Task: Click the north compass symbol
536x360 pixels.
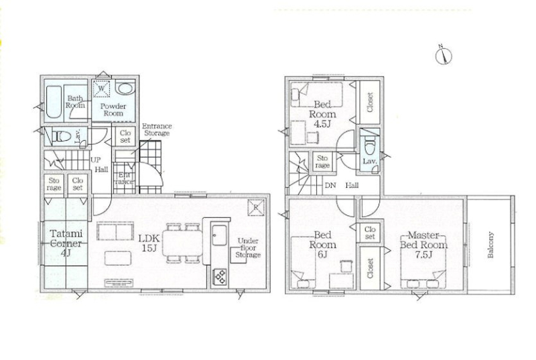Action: click(x=444, y=56)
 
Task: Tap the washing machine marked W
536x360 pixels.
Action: click(x=101, y=88)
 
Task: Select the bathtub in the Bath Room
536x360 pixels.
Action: click(x=54, y=102)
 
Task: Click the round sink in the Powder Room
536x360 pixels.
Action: click(x=125, y=88)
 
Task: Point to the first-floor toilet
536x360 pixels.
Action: click(x=61, y=136)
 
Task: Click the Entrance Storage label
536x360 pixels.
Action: click(x=157, y=129)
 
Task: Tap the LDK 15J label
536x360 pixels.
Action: click(x=149, y=243)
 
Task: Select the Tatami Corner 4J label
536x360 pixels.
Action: click(x=66, y=243)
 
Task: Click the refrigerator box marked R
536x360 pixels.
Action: click(x=256, y=207)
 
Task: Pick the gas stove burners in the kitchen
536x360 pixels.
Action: click(x=220, y=277)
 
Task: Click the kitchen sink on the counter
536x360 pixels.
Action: click(x=219, y=235)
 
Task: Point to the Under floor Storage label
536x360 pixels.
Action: click(x=248, y=248)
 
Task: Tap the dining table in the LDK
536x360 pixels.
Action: click(x=182, y=243)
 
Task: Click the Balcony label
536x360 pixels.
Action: click(x=490, y=245)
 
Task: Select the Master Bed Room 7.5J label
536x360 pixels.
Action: click(x=423, y=245)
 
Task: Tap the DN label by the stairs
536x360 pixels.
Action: click(x=330, y=186)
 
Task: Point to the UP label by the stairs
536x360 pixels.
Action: click(x=95, y=160)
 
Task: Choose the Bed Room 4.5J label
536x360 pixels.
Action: click(x=322, y=113)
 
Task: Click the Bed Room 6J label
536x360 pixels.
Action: click(x=322, y=245)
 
